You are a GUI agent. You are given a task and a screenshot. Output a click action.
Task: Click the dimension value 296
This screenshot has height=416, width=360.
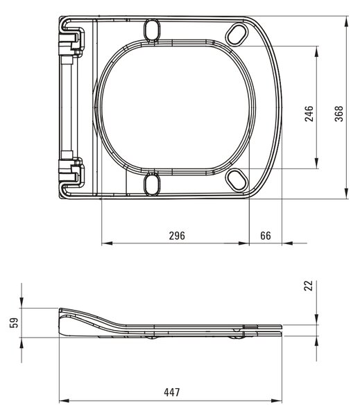177,235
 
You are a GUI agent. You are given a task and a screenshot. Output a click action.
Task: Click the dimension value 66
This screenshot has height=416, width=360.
266,235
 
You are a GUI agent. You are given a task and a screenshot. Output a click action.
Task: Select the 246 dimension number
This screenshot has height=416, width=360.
309,114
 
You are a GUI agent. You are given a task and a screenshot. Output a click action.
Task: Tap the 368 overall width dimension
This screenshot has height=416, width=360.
338,114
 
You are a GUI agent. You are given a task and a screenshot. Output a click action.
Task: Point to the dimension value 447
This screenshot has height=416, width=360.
172,392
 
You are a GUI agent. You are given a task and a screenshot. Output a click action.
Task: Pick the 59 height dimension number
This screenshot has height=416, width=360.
14,322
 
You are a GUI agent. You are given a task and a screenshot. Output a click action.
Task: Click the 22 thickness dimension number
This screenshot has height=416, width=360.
309,286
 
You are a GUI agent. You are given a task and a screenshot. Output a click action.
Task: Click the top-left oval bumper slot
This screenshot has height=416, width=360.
152,30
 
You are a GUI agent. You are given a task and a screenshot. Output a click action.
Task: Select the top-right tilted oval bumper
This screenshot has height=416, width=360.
237,34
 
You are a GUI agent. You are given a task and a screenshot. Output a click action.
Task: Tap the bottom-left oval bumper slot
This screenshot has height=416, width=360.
152,184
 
